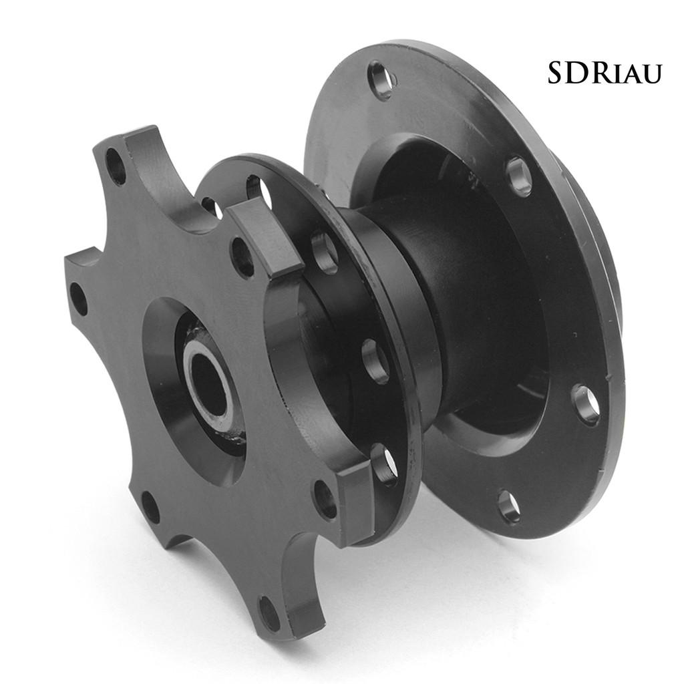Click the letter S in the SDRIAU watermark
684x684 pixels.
(558, 72)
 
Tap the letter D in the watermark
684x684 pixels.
(580, 72)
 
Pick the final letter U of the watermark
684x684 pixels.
(651, 75)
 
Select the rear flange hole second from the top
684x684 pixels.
(520, 176)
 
